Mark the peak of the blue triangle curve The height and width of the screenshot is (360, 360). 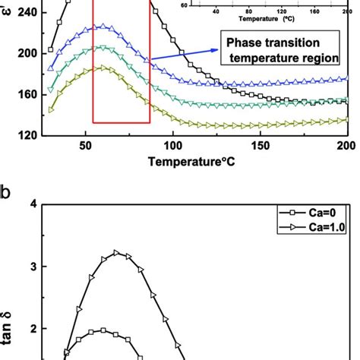click(102, 26)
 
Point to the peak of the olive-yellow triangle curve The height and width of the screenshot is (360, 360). click(102, 68)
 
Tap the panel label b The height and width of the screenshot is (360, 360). click(6, 192)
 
